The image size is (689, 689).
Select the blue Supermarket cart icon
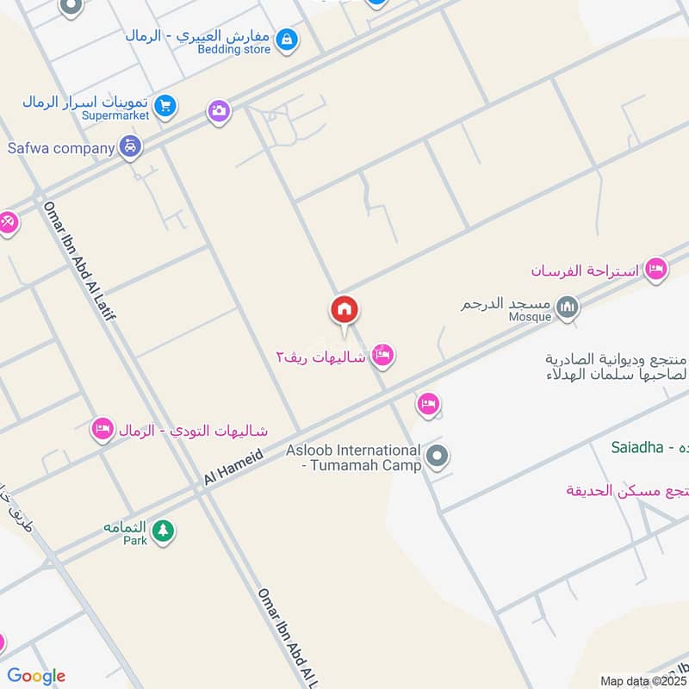point(166,107)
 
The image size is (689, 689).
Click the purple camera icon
point(219,111)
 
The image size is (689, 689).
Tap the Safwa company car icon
point(130,147)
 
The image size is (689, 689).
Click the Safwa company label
point(61,147)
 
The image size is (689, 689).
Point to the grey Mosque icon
point(567,306)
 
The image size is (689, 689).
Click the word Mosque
point(530,317)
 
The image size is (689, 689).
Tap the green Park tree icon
point(163,531)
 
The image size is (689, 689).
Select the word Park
point(134,541)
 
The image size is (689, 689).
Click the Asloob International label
point(353,450)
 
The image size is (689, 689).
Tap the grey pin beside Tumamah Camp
point(438,456)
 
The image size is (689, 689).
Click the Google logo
point(36,676)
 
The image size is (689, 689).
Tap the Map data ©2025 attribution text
point(642,680)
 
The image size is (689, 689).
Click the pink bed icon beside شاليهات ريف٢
point(383,355)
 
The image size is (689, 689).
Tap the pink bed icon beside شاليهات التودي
point(103,429)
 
